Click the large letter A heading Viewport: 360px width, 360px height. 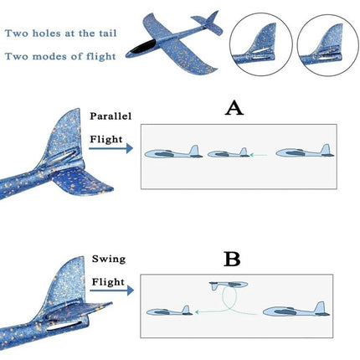[x=234, y=109]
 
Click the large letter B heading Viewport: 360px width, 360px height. [x=232, y=260]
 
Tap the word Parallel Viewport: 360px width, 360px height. [x=111, y=116]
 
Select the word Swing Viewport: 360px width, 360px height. [x=109, y=259]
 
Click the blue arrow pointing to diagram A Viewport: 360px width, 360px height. [x=111, y=148]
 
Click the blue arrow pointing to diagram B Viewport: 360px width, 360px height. [x=111, y=291]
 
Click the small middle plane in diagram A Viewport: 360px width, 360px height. [x=229, y=153]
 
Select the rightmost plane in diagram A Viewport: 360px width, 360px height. [x=305, y=152]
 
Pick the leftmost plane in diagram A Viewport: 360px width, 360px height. [x=173, y=152]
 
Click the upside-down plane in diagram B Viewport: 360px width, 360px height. [x=229, y=285]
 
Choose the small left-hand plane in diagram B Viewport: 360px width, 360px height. [x=170, y=311]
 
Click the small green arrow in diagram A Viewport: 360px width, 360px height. [x=259, y=154]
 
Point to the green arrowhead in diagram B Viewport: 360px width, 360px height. [x=197, y=311]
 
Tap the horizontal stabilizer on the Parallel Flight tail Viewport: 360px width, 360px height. [x=82, y=180]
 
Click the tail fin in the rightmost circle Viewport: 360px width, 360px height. [x=330, y=39]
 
